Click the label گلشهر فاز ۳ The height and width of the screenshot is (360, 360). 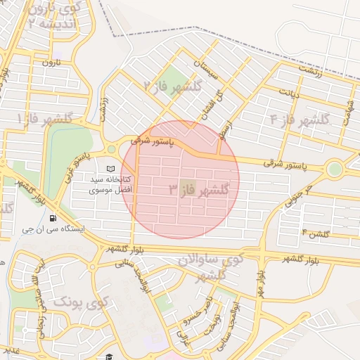click(x=200, y=190)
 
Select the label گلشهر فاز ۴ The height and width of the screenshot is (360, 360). click(x=300, y=120)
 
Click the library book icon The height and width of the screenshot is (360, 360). click(x=110, y=169)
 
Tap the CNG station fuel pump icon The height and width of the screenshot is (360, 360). click(x=55, y=217)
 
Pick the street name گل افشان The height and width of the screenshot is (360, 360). click(x=212, y=105)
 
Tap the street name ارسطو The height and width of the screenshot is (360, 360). click(x=224, y=127)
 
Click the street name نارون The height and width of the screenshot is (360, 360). click(x=53, y=63)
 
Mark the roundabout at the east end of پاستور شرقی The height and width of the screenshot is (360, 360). click(x=334, y=169)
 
